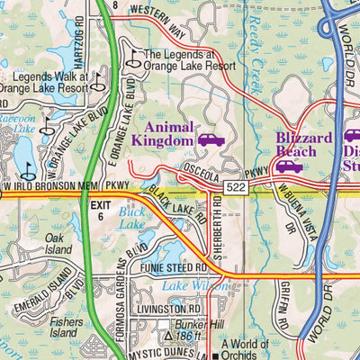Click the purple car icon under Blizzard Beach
pyautogui.click(x=288, y=166)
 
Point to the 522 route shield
pyautogui.click(x=237, y=186)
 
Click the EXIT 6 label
pyautogui.click(x=104, y=212)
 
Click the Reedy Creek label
pyautogui.click(x=264, y=45)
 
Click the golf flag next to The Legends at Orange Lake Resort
pyautogui.click(x=133, y=59)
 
